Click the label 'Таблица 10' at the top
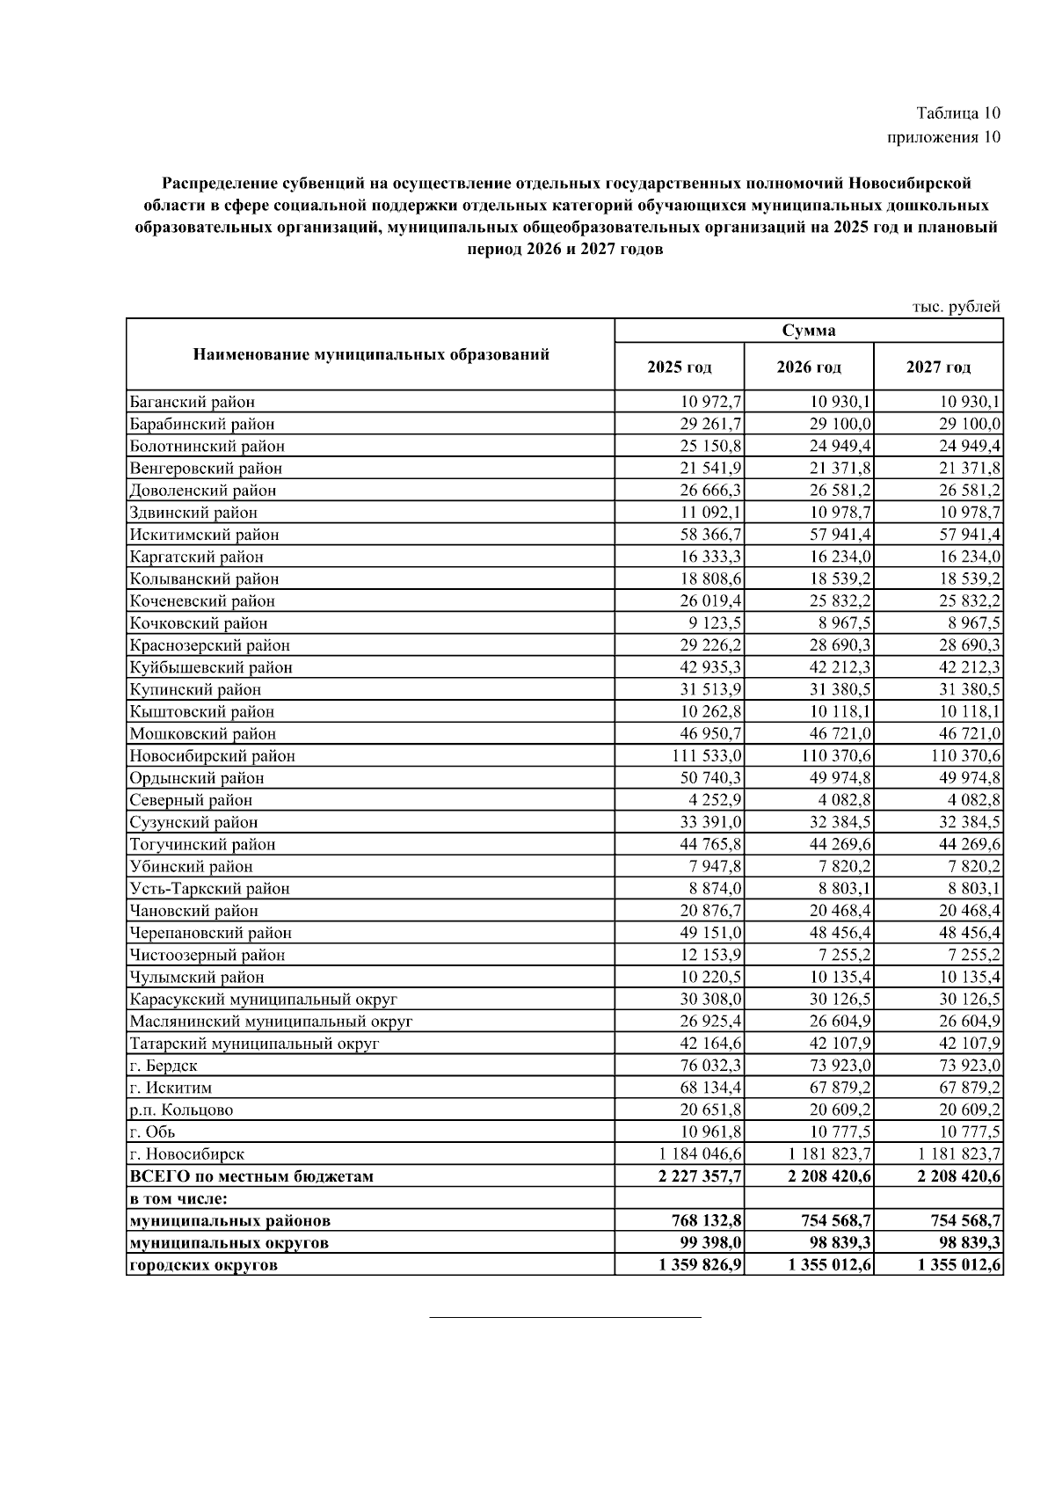click(957, 113)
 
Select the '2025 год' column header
click(679, 368)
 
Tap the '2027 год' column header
click(938, 368)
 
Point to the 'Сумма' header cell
click(808, 331)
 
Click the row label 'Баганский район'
click(192, 403)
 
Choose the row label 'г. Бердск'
click(164, 1066)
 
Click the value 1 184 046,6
click(699, 1154)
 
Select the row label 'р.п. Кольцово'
click(181, 1110)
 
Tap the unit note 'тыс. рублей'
click(957, 307)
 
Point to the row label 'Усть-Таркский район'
click(209, 889)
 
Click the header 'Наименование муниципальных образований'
click(370, 355)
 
